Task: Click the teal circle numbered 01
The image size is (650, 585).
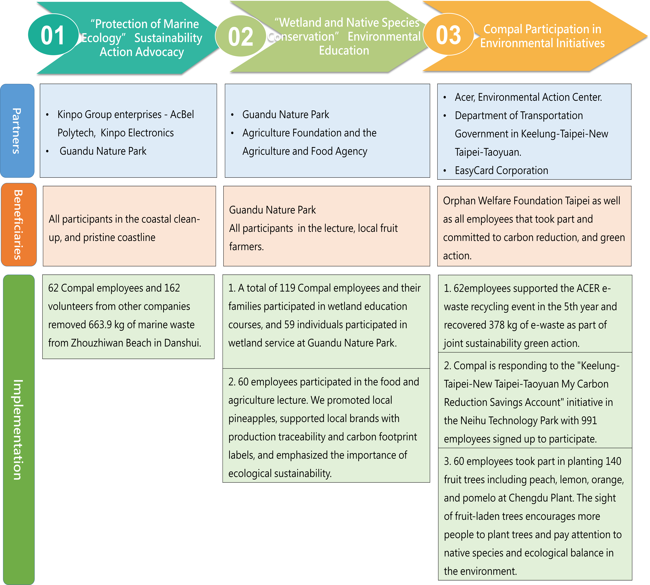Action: coord(53,35)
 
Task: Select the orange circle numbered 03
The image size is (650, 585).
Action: coord(448,34)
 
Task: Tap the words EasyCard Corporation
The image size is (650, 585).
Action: coord(501,170)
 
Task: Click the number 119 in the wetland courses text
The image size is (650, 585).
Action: coord(287,288)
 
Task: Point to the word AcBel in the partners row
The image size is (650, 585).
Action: coord(182,114)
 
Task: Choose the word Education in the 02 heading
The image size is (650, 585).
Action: coord(344,50)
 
